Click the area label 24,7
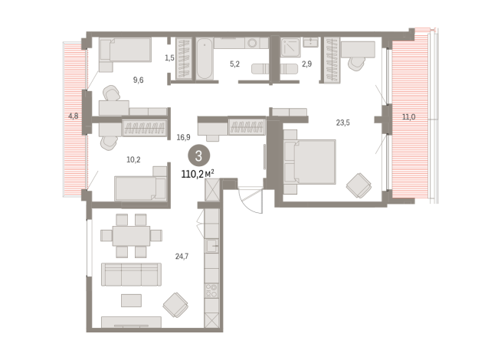tap(182, 256)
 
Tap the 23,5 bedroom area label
tap(343, 123)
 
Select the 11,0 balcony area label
tap(408, 117)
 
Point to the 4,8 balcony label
tap(74, 116)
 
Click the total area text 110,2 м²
tap(198, 174)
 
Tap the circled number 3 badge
tap(198, 156)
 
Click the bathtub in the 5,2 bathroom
tap(205, 58)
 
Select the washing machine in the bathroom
tap(253, 43)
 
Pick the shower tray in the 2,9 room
tap(291, 47)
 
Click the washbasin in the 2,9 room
tap(310, 42)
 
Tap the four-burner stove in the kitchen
tap(211, 291)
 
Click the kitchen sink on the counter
tap(211, 246)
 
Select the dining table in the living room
tap(131, 236)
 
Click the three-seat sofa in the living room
tap(131, 274)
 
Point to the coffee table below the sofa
tap(131, 300)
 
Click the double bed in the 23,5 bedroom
tap(309, 162)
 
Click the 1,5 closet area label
tap(169, 57)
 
